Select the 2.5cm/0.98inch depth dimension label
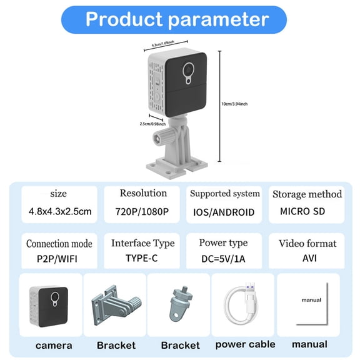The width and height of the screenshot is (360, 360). tap(152, 123)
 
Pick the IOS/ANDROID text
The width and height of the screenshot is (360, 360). tap(223, 212)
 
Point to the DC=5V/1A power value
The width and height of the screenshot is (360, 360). tap(223, 258)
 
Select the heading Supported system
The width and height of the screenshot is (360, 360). tap(224, 194)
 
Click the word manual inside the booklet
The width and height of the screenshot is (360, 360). tap(311, 299)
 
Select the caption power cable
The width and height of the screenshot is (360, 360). tap(245, 344)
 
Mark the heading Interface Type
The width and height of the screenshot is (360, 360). tap(142, 242)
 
